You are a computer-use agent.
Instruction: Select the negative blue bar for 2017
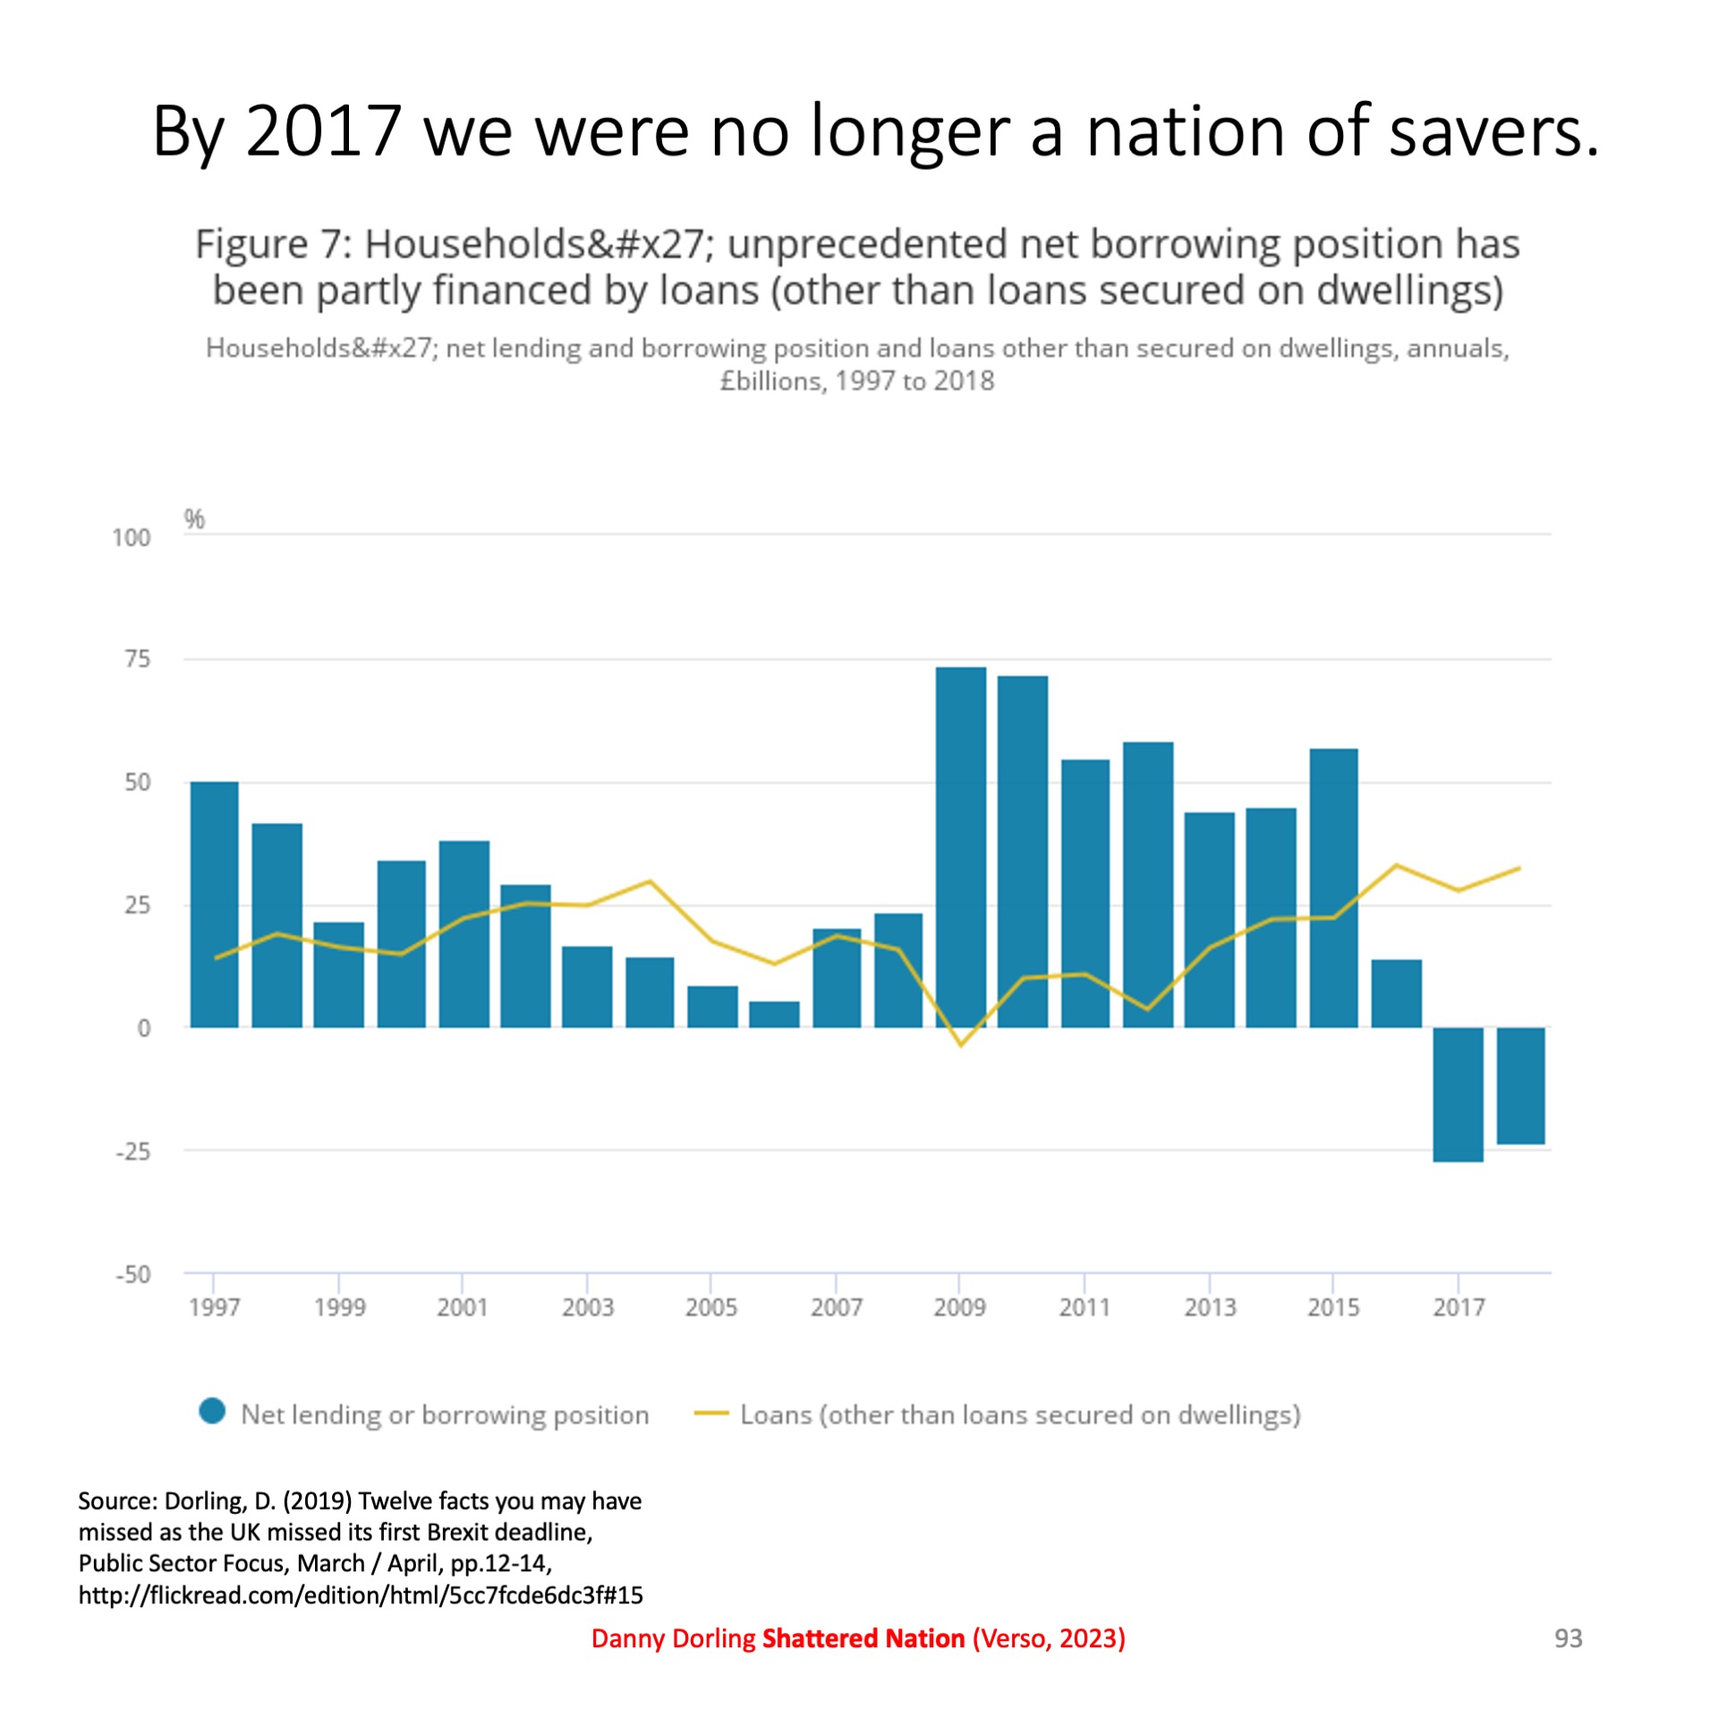(1458, 1093)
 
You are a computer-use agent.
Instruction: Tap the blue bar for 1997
(214, 904)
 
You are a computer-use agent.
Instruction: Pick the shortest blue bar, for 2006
(774, 1014)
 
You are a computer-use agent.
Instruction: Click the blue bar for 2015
(1333, 888)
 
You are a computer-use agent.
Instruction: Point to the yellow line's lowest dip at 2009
(961, 1044)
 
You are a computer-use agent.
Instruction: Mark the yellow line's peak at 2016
(1396, 865)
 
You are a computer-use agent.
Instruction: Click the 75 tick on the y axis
(137, 659)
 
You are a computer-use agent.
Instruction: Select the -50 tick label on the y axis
(132, 1274)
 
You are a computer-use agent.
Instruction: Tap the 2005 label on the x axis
(711, 1307)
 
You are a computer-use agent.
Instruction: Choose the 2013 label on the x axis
(1210, 1307)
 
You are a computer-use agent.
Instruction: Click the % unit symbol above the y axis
(194, 519)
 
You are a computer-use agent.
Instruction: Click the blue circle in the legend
(213, 1411)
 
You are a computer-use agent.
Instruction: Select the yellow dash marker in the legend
(711, 1414)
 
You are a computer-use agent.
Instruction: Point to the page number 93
(1568, 1637)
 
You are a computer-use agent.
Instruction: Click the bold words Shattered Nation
(863, 1638)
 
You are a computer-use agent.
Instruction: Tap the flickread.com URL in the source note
(361, 1595)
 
